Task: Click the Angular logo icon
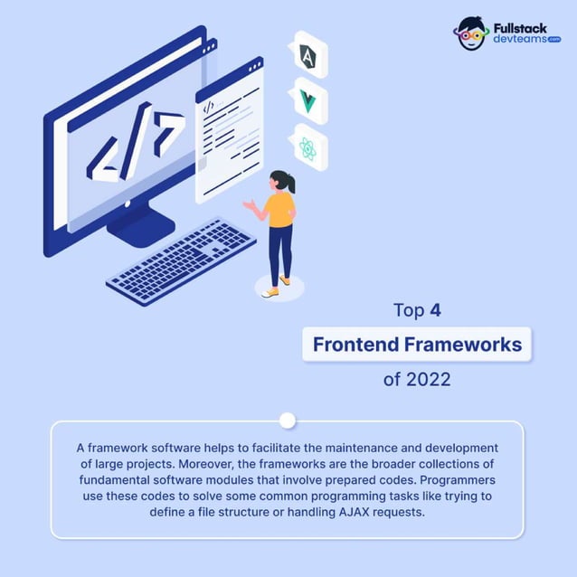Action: (308, 56)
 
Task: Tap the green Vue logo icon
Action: (308, 101)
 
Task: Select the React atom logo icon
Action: (308, 148)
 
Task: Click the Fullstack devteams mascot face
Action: (471, 34)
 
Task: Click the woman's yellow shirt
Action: (280, 211)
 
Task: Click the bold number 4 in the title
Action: (435, 311)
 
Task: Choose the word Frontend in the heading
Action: (357, 345)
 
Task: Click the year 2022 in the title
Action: (429, 379)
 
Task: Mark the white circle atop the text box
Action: (288, 421)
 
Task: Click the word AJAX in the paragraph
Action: (355, 511)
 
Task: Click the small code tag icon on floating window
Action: (209, 107)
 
